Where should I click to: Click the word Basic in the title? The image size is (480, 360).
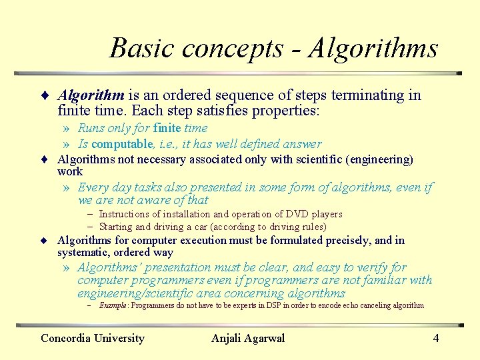click(x=142, y=48)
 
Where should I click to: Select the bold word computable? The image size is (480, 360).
click(x=123, y=144)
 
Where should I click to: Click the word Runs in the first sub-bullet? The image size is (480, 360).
click(x=91, y=128)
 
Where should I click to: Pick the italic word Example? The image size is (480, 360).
click(x=113, y=305)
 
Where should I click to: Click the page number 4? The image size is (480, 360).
click(x=436, y=338)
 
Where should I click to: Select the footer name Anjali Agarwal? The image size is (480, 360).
click(x=248, y=338)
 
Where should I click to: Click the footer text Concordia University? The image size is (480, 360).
click(x=93, y=338)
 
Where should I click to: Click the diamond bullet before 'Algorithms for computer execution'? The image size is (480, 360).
click(x=43, y=241)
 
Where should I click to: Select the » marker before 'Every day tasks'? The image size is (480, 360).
click(x=66, y=188)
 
